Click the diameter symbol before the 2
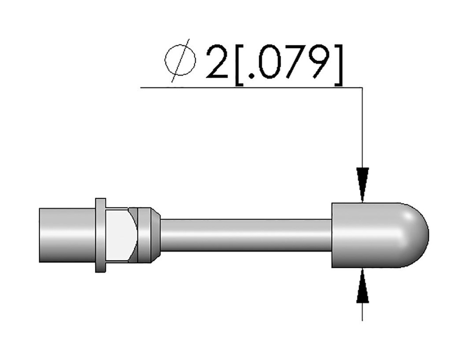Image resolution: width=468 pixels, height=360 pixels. (x=180, y=61)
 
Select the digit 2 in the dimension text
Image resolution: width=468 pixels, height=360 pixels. (x=217, y=62)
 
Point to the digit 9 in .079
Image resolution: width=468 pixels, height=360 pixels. (x=319, y=62)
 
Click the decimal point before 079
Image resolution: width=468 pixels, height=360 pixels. (x=251, y=76)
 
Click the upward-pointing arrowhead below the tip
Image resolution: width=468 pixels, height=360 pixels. (x=362, y=286)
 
